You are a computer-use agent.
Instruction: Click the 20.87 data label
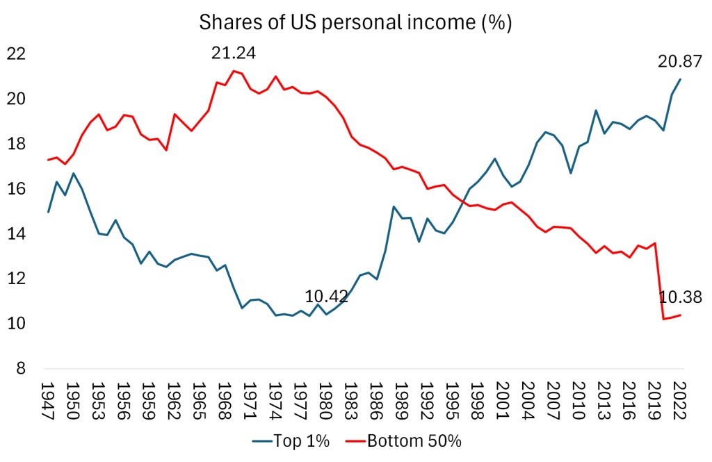[680, 61]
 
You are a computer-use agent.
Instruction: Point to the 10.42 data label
[327, 297]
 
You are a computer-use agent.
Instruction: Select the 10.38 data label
[680, 297]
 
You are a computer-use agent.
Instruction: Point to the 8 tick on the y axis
[21, 369]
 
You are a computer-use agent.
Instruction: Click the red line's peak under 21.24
[234, 71]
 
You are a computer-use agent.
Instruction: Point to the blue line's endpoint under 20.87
[680, 79]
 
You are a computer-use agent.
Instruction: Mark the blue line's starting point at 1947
[48, 212]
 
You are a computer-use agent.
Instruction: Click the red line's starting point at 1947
[48, 160]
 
